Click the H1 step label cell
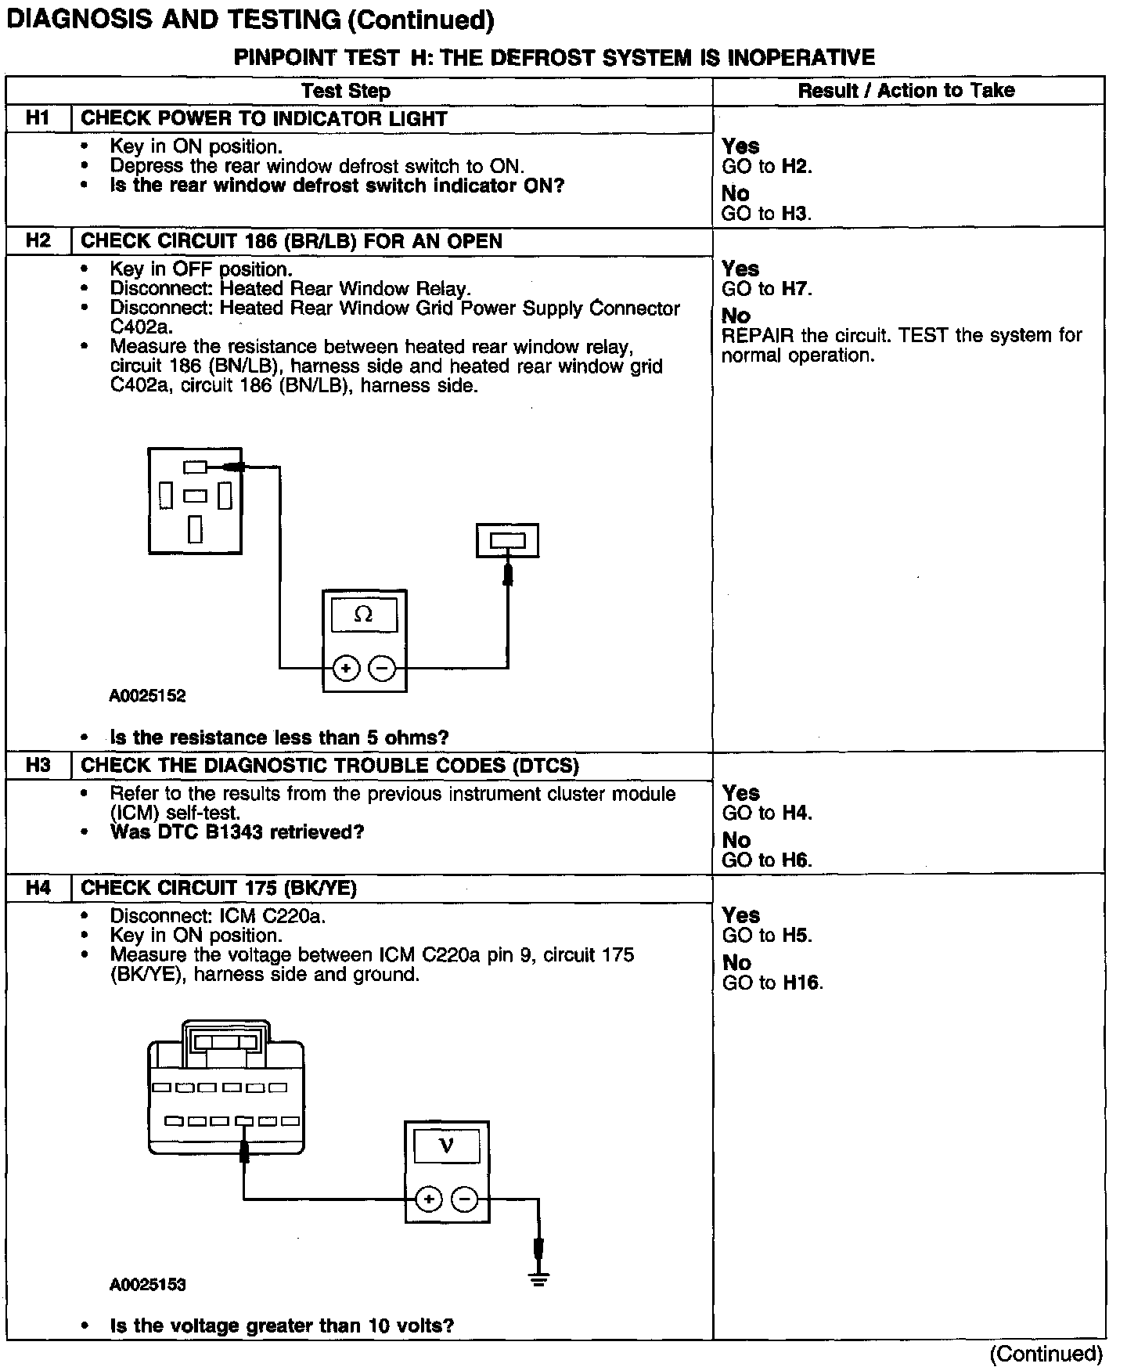pyautogui.click(x=38, y=118)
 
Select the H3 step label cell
pyautogui.click(x=38, y=765)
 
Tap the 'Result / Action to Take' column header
pyautogui.click(x=906, y=91)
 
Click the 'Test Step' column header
pyautogui.click(x=346, y=91)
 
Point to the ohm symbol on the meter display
pyautogui.click(x=364, y=615)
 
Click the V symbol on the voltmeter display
pyautogui.click(x=446, y=1146)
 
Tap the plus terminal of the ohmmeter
pyautogui.click(x=346, y=669)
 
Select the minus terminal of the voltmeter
pyautogui.click(x=465, y=1199)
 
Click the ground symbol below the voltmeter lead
pyautogui.click(x=538, y=1281)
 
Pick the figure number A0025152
pyautogui.click(x=148, y=696)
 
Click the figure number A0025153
pyautogui.click(x=148, y=1285)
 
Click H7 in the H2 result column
pyautogui.click(x=796, y=289)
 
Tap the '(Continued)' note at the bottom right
pyautogui.click(x=1046, y=1354)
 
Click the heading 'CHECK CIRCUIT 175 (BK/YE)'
pyautogui.click(x=219, y=888)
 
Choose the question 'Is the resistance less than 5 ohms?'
pyautogui.click(x=279, y=738)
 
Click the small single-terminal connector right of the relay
pyautogui.click(x=507, y=541)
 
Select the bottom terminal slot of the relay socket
pyautogui.click(x=195, y=529)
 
